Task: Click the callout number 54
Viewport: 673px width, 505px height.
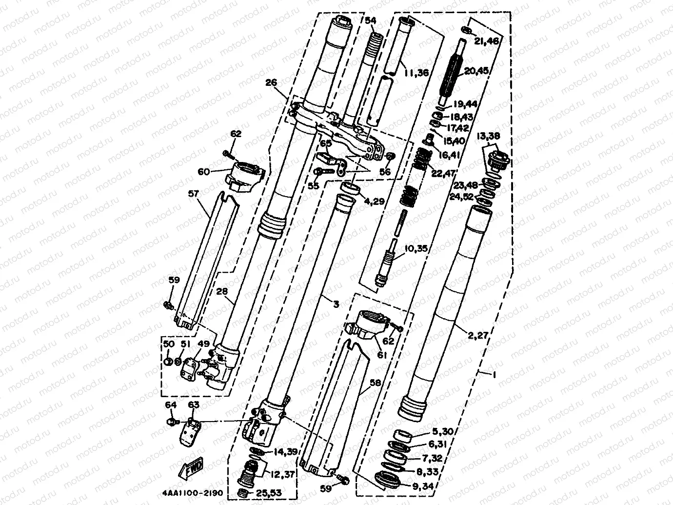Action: point(371,20)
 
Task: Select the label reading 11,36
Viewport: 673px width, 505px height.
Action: point(416,73)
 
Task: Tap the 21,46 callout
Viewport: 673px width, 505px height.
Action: point(486,42)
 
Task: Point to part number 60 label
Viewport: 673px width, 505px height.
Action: point(204,171)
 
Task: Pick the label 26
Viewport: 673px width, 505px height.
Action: point(271,83)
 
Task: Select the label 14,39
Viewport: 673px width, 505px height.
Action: point(284,452)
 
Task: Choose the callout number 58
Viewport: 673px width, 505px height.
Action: point(375,384)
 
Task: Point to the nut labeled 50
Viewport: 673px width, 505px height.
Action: point(167,362)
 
